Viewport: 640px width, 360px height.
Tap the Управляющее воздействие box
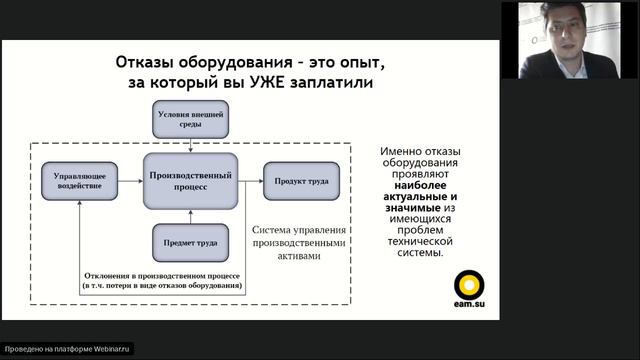click(79, 181)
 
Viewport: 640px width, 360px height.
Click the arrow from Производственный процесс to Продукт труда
click(252, 181)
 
